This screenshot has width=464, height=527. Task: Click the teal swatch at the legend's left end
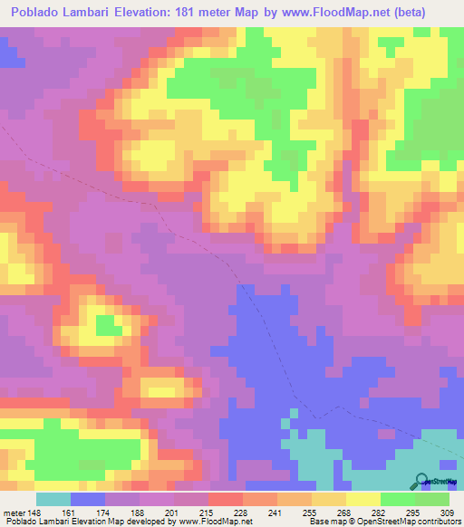[x=53, y=499]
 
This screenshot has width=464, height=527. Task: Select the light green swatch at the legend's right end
[x=432, y=499]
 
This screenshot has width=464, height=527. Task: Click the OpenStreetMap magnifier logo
[x=421, y=481]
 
